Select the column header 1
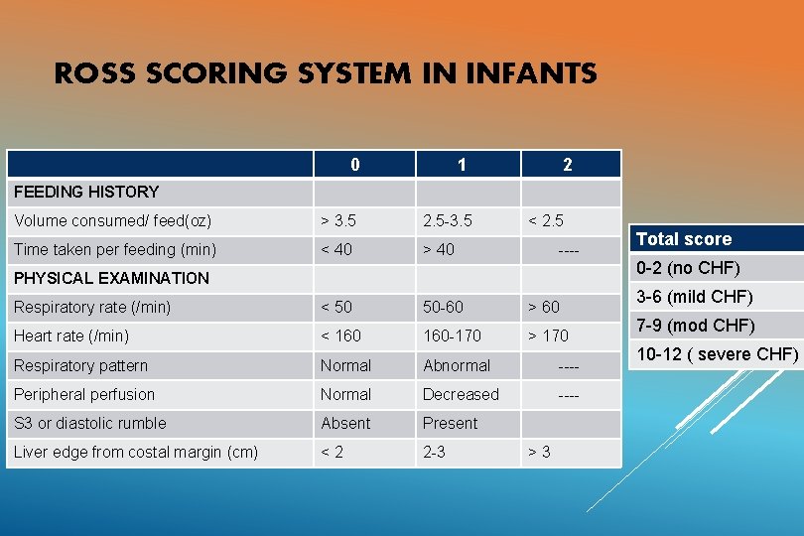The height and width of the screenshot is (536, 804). click(x=462, y=165)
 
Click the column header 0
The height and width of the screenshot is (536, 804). click(x=355, y=165)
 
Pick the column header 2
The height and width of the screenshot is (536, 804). click(x=567, y=165)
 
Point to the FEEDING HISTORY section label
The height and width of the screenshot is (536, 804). click(x=86, y=192)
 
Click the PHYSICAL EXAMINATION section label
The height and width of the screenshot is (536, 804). click(x=111, y=278)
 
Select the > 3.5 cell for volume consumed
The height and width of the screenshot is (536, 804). click(x=337, y=220)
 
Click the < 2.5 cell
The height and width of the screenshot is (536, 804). click(x=545, y=220)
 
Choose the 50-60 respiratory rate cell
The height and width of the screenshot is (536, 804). click(x=443, y=307)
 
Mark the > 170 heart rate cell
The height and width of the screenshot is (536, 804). click(x=548, y=335)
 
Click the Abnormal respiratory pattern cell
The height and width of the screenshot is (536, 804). click(x=457, y=365)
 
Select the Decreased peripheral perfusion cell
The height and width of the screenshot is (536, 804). click(x=461, y=394)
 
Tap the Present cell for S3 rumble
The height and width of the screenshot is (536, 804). click(x=450, y=423)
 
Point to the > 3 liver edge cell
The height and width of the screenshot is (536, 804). click(x=539, y=453)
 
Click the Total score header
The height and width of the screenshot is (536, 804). click(x=684, y=239)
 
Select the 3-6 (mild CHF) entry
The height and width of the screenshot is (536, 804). click(x=695, y=296)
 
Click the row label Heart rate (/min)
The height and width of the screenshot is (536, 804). click(x=71, y=335)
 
